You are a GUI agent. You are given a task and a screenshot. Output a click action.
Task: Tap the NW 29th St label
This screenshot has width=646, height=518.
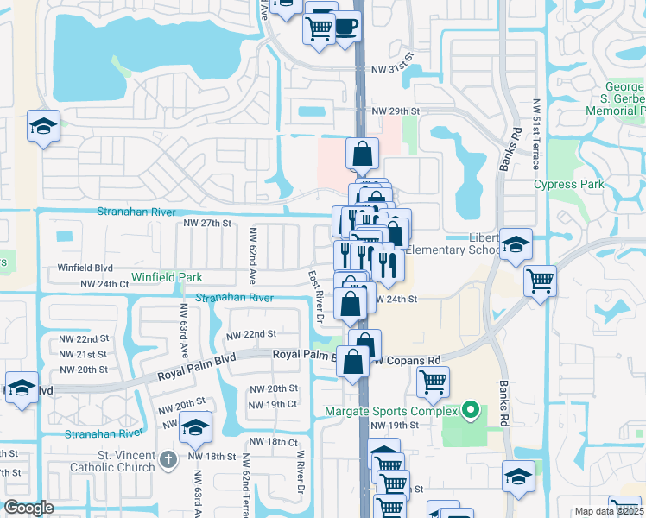coord(395,111)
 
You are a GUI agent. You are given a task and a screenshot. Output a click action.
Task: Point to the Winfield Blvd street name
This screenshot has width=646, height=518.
coord(85,268)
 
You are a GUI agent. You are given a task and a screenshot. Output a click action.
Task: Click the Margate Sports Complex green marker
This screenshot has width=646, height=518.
coord(470,409)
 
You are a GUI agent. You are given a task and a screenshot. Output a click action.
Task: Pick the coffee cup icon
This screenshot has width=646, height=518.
coord(345,27)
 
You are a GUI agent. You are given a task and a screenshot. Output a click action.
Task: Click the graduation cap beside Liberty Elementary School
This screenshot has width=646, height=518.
coord(516,246)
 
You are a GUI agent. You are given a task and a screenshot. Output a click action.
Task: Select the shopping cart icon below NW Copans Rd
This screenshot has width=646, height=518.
coord(433,381)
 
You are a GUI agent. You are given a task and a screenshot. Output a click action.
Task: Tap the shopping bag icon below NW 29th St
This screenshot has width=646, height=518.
coord(363,155)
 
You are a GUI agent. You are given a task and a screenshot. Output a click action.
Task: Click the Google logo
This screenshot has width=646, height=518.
coord(29,508)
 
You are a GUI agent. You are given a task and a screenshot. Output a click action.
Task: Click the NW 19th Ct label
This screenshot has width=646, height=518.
coord(272,404)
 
